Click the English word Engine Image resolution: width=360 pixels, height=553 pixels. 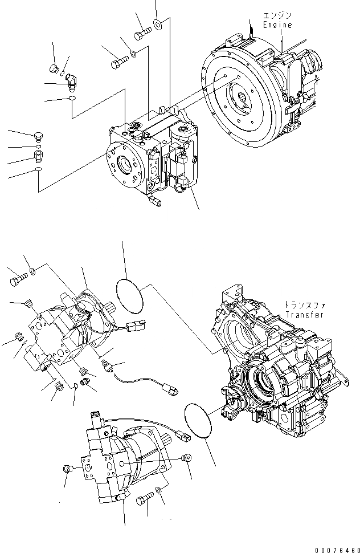(x=277, y=25)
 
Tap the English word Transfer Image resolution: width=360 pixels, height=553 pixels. (x=305, y=315)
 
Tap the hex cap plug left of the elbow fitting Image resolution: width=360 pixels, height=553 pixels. (x=54, y=69)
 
